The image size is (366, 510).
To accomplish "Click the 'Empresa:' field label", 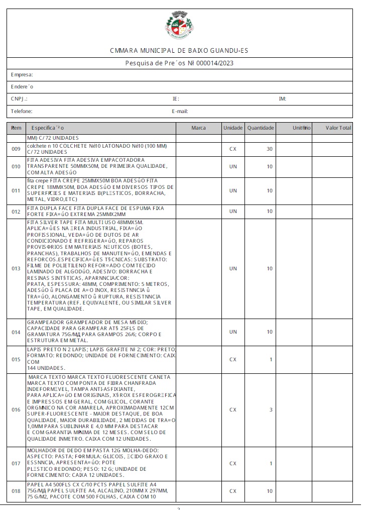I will [22, 75].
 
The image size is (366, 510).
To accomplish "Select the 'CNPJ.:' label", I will [19, 99].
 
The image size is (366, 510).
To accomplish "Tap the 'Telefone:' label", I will [22, 111].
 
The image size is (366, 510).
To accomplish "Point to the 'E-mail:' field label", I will [180, 111].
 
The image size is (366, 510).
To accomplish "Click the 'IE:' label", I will [176, 99].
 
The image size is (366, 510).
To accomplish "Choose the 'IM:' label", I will [282, 99].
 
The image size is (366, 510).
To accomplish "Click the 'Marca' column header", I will [198, 128].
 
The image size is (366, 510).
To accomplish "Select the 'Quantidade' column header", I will [260, 128].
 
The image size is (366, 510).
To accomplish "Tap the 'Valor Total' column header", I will [338, 128].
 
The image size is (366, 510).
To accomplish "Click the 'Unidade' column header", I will [233, 128].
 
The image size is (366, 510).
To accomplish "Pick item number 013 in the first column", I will [16, 269].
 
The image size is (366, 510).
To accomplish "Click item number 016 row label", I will [16, 410].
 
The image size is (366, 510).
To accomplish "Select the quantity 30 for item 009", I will [270, 149].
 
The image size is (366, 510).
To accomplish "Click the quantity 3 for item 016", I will [271, 410].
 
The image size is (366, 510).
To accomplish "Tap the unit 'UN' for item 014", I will [233, 332].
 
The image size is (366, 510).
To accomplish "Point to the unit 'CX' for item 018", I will [233, 491].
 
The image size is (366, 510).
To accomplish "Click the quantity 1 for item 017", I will [271, 463].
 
